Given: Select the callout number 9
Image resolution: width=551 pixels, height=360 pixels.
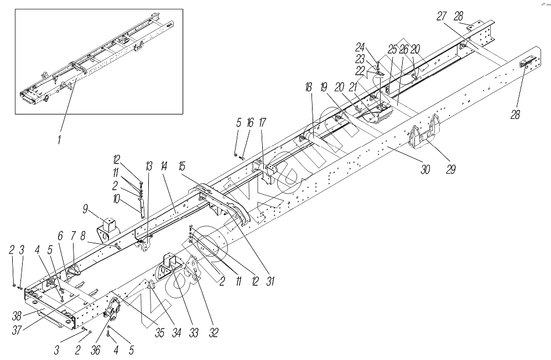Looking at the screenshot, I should [x=85, y=209].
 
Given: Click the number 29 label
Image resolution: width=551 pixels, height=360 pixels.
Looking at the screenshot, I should [x=451, y=169].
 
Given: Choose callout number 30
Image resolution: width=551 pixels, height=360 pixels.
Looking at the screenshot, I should [x=425, y=170].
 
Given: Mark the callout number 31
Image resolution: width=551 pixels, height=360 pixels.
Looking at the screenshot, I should [x=271, y=280].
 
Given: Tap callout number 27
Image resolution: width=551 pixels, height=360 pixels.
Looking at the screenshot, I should [x=441, y=16].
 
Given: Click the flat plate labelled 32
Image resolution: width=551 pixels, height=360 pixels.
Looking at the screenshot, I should [x=194, y=270].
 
